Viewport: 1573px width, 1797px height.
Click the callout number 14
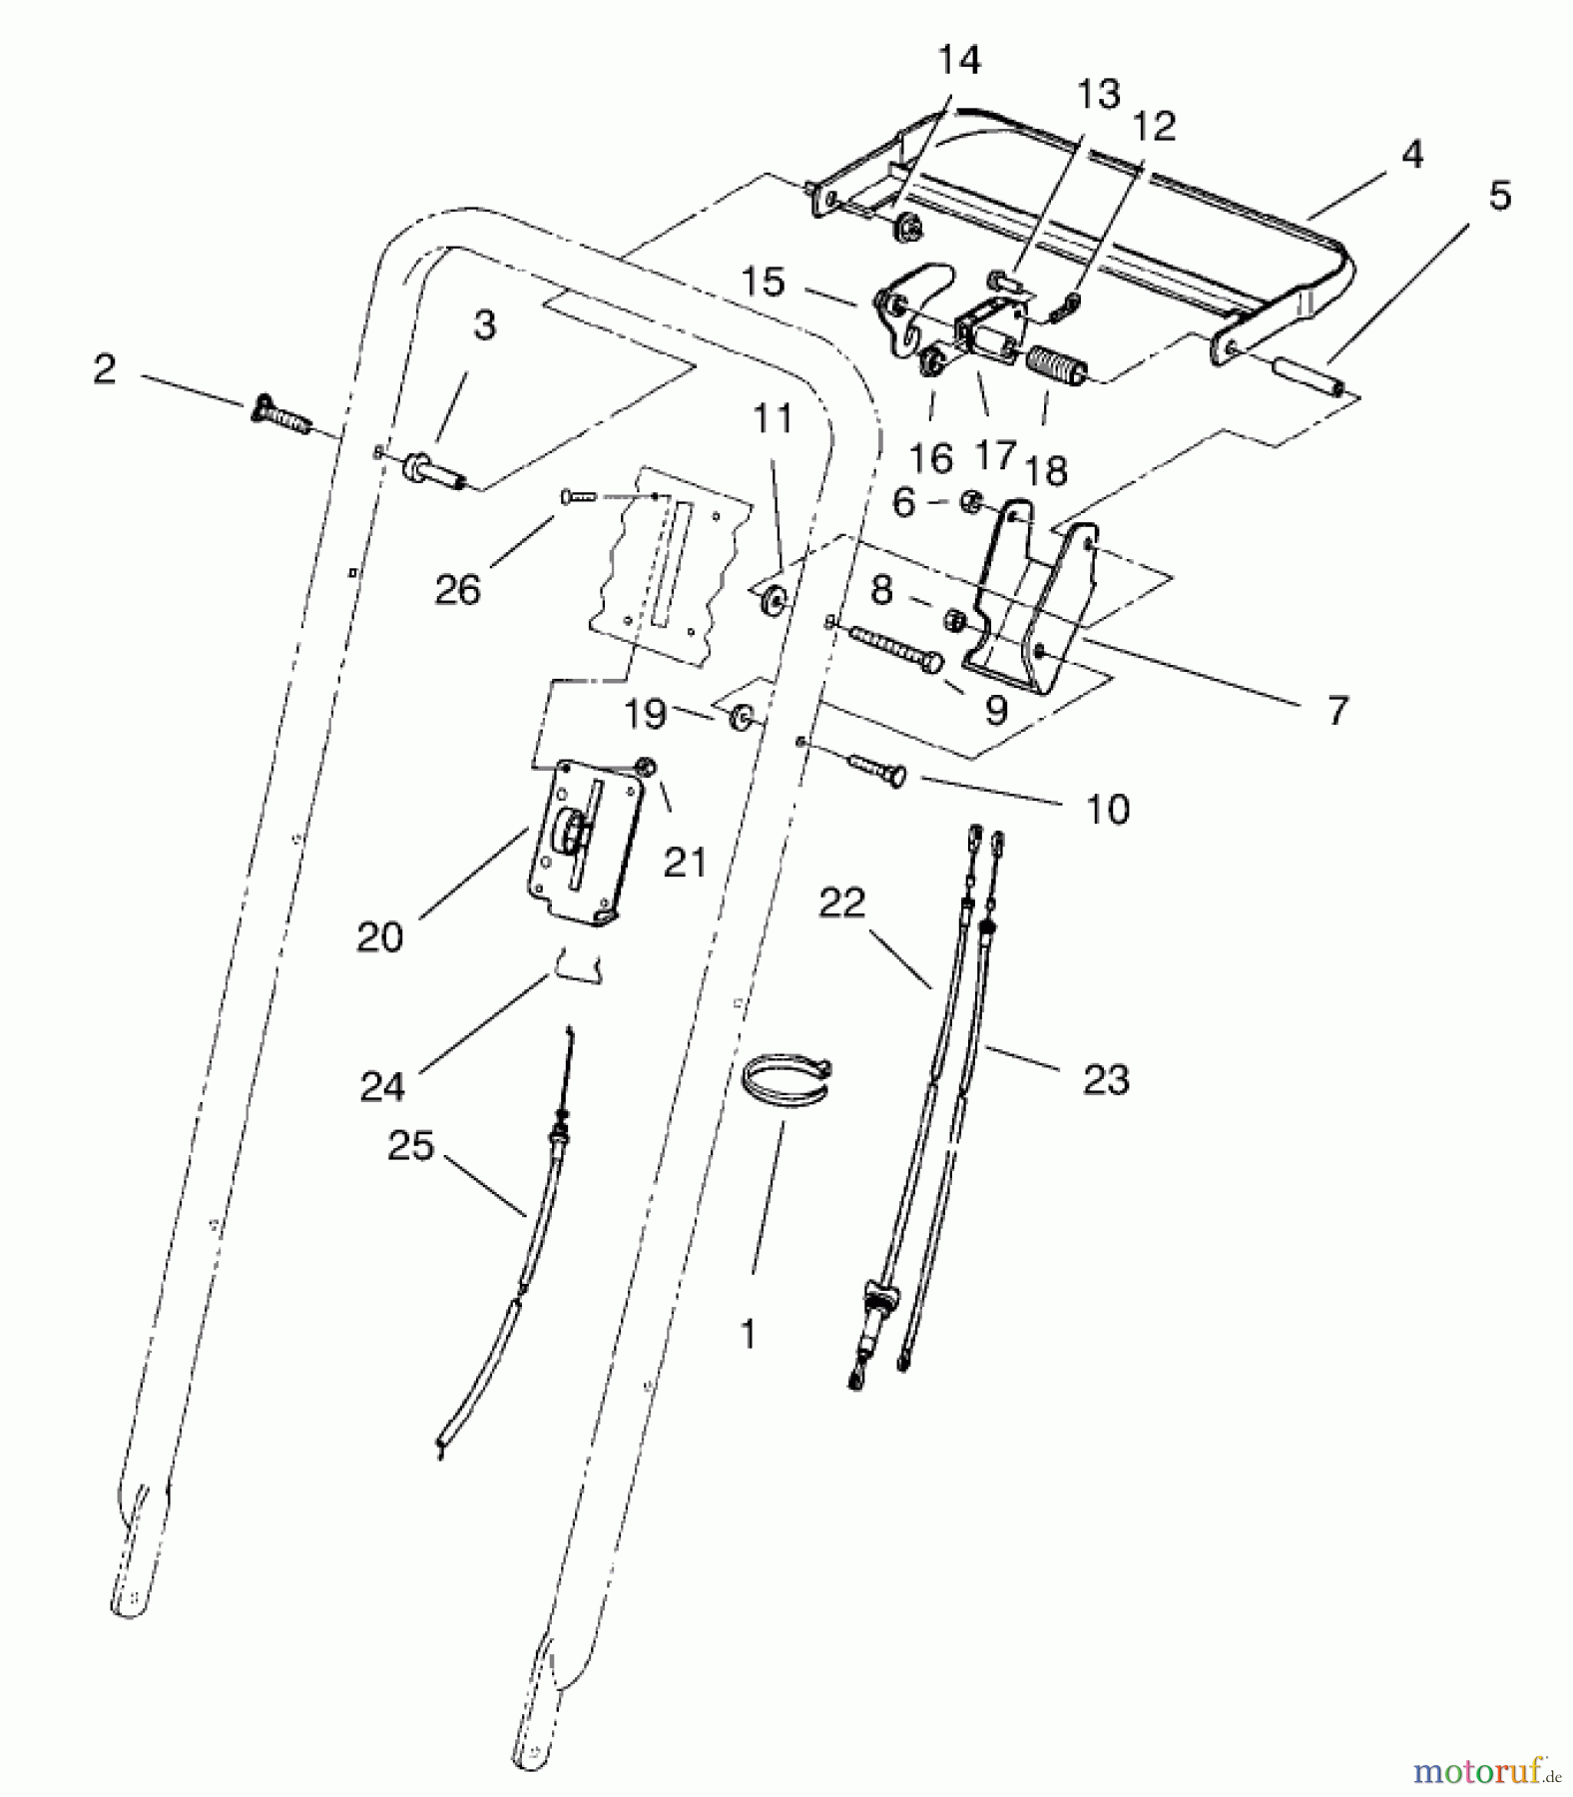[958, 60]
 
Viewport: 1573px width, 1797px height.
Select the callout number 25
[411, 1146]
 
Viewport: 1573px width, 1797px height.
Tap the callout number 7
[1337, 711]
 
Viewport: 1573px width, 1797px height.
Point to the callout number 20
[379, 936]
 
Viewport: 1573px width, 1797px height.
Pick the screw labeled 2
[280, 414]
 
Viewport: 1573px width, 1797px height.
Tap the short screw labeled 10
[876, 771]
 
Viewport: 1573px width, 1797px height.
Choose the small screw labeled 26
[578, 494]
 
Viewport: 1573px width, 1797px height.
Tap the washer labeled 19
[743, 716]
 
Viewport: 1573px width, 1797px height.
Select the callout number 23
[1106, 1079]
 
